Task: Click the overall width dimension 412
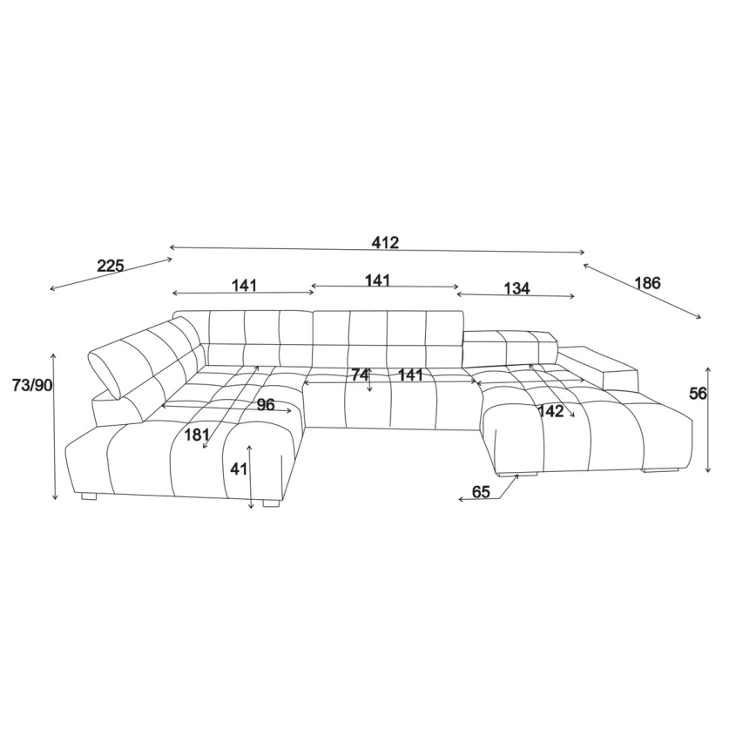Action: pos(385,242)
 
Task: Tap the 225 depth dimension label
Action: pos(111,266)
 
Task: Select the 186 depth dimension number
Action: pos(646,283)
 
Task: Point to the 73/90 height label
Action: pos(32,385)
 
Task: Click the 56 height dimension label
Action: pos(698,394)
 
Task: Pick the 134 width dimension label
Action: pos(516,288)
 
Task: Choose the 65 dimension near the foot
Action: pos(481,492)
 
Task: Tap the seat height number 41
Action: pos(239,469)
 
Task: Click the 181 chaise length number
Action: pos(197,435)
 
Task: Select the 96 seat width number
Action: pos(265,404)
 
